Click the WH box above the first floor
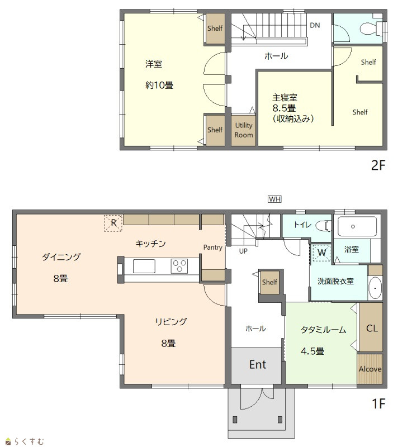pyautogui.click(x=274, y=199)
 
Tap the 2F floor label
pyautogui.click(x=378, y=165)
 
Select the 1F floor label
pyautogui.click(x=378, y=403)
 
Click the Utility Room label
pyautogui.click(x=244, y=130)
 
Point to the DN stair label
pyautogui.click(x=315, y=25)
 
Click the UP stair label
pyautogui.click(x=243, y=251)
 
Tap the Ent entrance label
pyautogui.click(x=258, y=364)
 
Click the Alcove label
pyautogui.click(x=370, y=369)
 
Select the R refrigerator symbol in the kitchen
pyautogui.click(x=113, y=222)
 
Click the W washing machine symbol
pyautogui.click(x=321, y=253)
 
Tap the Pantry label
pyautogui.click(x=212, y=248)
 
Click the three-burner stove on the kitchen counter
pyautogui.click(x=179, y=266)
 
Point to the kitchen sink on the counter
pyautogui.click(x=144, y=267)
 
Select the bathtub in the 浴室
pyautogui.click(x=357, y=226)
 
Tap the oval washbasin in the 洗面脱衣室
pyautogui.click(x=375, y=288)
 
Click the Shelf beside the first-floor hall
pyautogui.click(x=269, y=282)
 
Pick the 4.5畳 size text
pyautogui.click(x=312, y=351)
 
